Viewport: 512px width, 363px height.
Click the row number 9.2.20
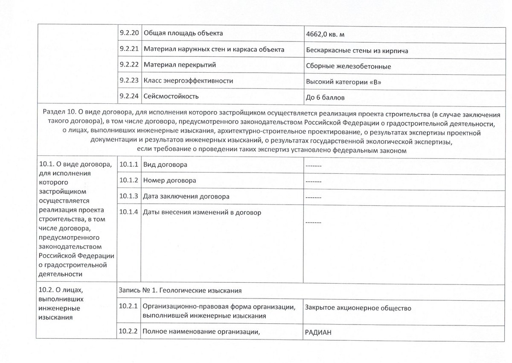[x=129, y=33]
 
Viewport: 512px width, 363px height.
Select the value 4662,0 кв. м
[x=327, y=35]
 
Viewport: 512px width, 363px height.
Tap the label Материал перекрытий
[x=180, y=65]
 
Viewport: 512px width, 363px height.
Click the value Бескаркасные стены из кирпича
[x=357, y=51]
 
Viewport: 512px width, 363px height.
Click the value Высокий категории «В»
[x=343, y=82]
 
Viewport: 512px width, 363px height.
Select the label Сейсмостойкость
[x=171, y=97]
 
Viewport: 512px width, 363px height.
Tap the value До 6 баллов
[x=325, y=98]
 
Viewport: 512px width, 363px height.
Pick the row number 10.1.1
[x=129, y=164]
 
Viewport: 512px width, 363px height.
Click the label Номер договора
[x=170, y=180]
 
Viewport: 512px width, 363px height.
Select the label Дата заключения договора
[x=186, y=196]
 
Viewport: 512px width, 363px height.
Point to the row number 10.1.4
[x=129, y=212]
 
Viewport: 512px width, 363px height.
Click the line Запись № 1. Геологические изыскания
[x=181, y=290]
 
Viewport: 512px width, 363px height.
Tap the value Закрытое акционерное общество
[x=358, y=308]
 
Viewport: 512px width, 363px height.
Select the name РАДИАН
[x=318, y=333]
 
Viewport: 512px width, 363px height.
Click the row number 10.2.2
[x=129, y=331]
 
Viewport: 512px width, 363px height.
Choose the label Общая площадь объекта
[x=183, y=33]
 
